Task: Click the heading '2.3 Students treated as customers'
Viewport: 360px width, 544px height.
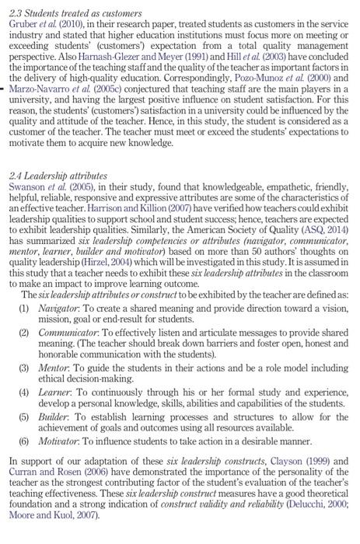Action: click(x=75, y=14)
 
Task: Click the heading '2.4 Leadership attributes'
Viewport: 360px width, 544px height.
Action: click(x=58, y=176)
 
